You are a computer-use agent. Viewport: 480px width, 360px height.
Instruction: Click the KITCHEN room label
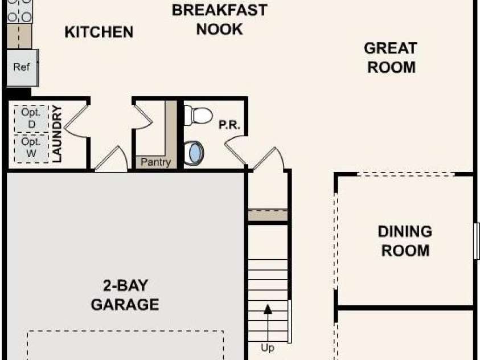coord(99,32)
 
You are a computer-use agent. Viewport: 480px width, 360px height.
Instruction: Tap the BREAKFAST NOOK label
coord(219,19)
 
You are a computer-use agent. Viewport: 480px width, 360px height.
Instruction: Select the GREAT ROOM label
coord(391,58)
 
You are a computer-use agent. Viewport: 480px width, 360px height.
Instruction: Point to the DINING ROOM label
coord(405,241)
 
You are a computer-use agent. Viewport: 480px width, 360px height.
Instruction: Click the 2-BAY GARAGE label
coord(125,295)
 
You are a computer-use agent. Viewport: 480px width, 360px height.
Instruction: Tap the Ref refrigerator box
coord(22,68)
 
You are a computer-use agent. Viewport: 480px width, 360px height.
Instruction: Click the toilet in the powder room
coord(198,116)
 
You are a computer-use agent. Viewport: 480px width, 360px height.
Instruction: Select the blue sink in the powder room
coord(194,153)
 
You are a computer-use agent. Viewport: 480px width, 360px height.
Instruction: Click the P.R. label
coord(229,125)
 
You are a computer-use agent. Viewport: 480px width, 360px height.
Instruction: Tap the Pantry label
coord(155,162)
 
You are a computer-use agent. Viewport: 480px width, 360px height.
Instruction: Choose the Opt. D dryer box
coord(31,118)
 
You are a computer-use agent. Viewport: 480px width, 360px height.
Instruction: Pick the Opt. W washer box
coord(31,148)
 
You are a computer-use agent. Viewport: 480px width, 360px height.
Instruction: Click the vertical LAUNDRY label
coord(56,134)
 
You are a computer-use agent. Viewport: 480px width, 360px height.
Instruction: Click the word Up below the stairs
coord(268,348)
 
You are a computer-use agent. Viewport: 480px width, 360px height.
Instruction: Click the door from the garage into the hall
coord(111,159)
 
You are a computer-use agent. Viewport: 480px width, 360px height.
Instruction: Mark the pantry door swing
coord(143,117)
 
